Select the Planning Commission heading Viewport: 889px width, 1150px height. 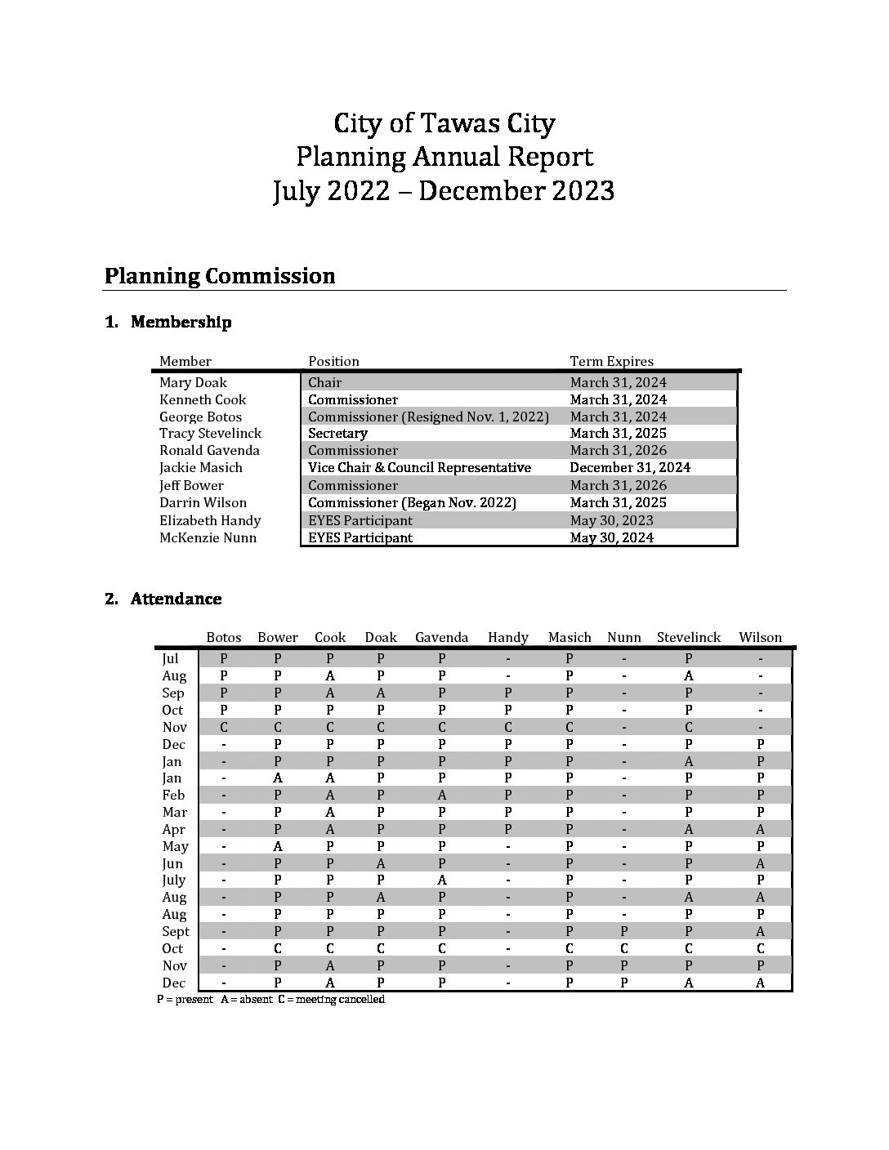pos(219,276)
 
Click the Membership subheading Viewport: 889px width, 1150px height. pos(181,322)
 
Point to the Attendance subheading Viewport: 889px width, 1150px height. pos(176,599)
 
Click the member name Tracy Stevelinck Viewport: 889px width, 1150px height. pos(210,433)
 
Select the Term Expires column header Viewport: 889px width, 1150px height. pos(611,361)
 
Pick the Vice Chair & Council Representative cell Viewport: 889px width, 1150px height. pos(419,467)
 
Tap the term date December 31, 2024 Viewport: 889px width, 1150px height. pos(629,467)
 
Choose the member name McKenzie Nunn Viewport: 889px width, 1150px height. pos(208,537)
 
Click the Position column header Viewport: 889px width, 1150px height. pos(333,361)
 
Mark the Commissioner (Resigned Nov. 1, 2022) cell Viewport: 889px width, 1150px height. pos(428,417)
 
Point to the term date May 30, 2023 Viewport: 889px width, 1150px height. pos(611,520)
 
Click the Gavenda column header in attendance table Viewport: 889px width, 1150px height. pos(441,637)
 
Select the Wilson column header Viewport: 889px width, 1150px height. pos(760,637)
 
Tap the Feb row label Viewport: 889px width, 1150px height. pos(173,795)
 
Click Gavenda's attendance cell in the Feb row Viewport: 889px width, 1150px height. pos(441,795)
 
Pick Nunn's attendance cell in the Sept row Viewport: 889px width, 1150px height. pos(623,931)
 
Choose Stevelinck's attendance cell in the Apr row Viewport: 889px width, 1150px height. pos(689,829)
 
